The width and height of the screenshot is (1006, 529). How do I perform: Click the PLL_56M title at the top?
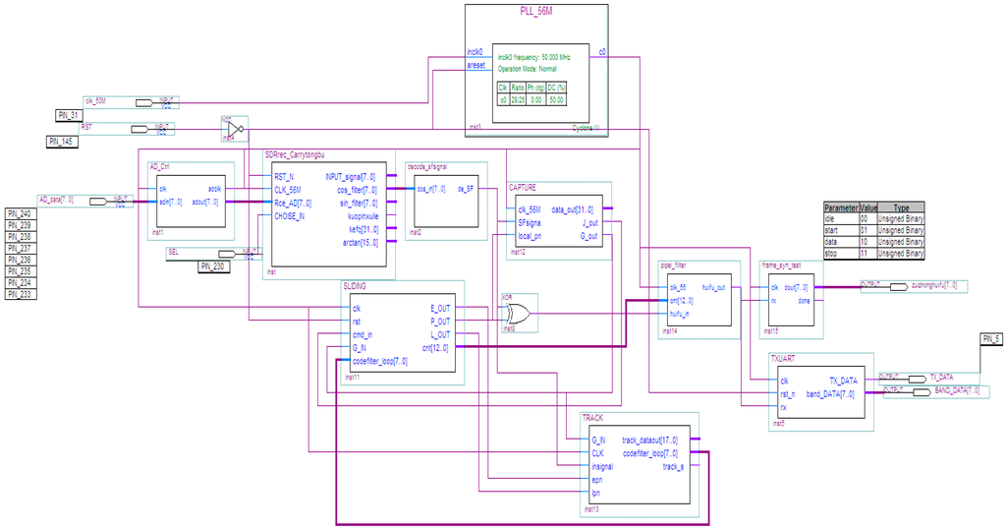(x=536, y=12)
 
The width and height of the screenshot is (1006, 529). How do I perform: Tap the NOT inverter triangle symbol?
(x=234, y=129)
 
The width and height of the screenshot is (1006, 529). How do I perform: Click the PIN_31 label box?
(x=68, y=115)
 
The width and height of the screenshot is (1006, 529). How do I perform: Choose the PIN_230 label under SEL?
(x=214, y=265)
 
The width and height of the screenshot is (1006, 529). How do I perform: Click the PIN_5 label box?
(x=991, y=339)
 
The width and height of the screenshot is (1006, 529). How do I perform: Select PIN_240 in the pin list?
(x=20, y=213)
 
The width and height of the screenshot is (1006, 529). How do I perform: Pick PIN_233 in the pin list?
(x=20, y=293)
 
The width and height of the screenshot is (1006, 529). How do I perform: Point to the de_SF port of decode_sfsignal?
(x=466, y=189)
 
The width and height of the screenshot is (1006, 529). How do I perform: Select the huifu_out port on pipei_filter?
(x=714, y=287)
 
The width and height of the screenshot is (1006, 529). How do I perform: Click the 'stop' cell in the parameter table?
(x=840, y=253)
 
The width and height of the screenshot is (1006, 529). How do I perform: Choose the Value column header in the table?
(x=868, y=208)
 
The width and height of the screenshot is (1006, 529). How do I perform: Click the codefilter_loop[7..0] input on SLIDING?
(x=379, y=361)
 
